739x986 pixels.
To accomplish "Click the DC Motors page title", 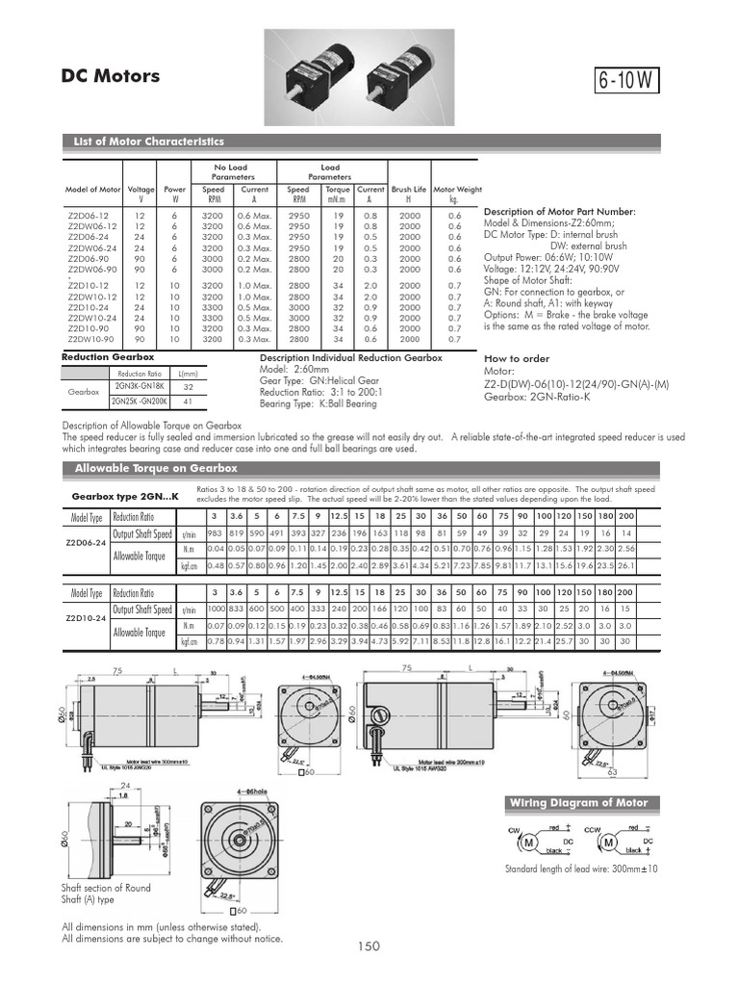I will pos(111,77).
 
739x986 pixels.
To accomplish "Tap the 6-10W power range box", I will pos(629,81).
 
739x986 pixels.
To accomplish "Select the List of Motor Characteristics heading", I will pos(149,142).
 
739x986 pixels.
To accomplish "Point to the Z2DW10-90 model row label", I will pos(92,340).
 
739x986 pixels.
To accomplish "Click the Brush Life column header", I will pos(409,190).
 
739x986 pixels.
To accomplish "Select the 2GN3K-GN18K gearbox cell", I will pos(140,386).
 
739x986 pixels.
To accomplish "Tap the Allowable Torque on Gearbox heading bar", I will pos(156,468).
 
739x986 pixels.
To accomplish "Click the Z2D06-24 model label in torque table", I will pos(86,542).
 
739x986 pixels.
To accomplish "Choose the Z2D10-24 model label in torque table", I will pos(86,617).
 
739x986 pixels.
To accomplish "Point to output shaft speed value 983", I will pos(215,533).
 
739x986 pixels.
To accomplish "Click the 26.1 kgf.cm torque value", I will pos(625,565).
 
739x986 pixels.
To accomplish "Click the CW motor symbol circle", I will pos(528,844).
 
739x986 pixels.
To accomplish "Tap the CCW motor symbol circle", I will pos(608,844).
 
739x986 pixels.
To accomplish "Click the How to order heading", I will pos(517,358).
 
